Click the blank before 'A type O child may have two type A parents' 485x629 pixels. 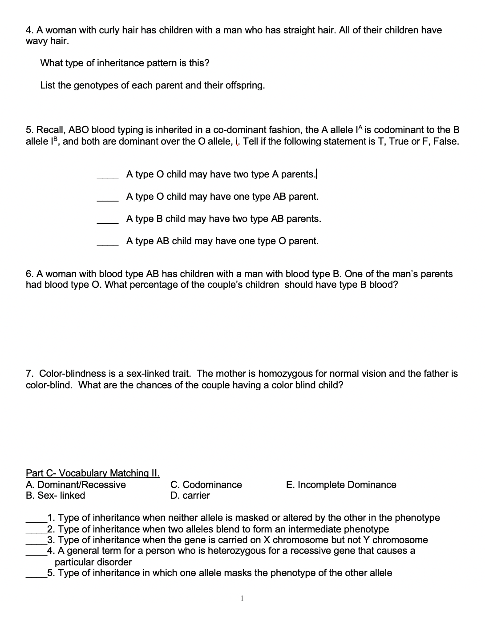click(108, 177)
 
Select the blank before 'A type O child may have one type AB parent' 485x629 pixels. click(108, 199)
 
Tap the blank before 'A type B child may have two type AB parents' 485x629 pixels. click(108, 222)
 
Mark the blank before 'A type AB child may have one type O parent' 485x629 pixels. click(108, 244)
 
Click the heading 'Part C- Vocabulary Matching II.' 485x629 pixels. click(93, 473)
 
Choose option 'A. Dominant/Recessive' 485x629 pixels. click(76, 484)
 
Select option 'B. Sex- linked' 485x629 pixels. click(55, 495)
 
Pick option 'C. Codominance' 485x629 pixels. click(206, 484)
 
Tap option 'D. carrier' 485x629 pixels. click(190, 495)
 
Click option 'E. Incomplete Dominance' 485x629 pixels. click(341, 484)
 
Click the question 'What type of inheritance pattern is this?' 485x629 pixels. click(125, 63)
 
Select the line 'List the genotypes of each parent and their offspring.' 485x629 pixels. click(152, 85)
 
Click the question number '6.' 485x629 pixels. click(30, 274)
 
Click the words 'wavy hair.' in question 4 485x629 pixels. click(47, 41)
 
